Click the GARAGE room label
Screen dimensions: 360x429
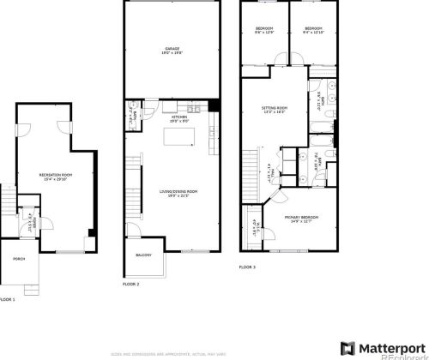[x=172, y=50]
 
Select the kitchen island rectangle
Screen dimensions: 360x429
[x=182, y=136]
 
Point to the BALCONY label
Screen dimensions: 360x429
[x=143, y=255]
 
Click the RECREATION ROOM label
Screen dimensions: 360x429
[x=55, y=174]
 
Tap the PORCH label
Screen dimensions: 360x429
[x=17, y=257]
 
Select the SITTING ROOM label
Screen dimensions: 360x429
[x=275, y=108]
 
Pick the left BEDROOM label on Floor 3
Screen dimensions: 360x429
[x=264, y=29]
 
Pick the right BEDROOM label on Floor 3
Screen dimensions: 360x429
[x=313, y=29]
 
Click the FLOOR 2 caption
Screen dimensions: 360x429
[x=130, y=283]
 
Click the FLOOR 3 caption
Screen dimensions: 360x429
[x=248, y=267]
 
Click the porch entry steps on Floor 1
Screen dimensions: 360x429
[x=7, y=201]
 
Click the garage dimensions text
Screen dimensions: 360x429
[x=172, y=54]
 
